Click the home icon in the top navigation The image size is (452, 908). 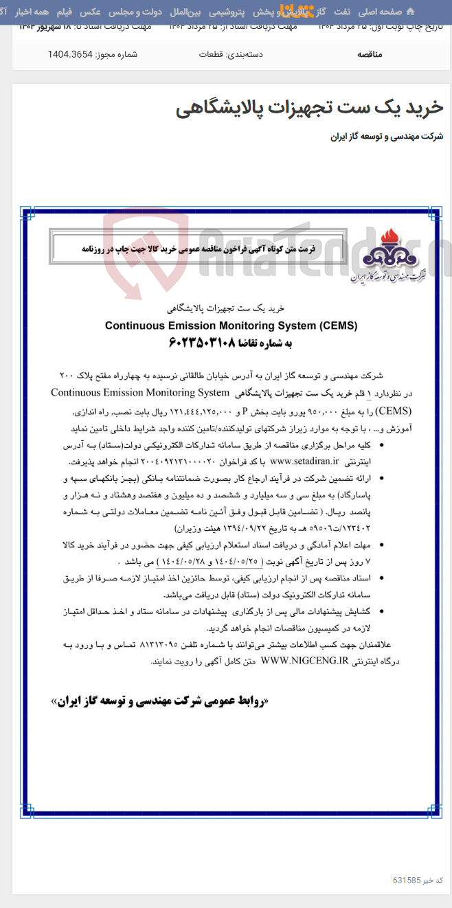[x=410, y=12]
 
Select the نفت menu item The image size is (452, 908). [x=342, y=12]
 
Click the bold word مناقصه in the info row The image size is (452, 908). [x=370, y=54]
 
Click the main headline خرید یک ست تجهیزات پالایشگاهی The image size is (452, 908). [x=310, y=108]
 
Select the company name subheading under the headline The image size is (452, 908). [x=387, y=137]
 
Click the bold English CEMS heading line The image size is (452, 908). [x=231, y=326]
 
